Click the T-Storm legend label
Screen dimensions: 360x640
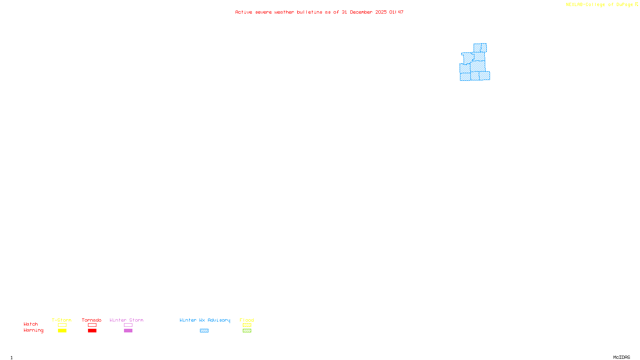62,320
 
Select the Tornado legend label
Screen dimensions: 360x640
92,320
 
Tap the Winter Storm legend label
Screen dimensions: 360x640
126,320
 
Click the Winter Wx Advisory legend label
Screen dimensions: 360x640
205,320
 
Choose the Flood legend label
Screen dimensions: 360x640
247,320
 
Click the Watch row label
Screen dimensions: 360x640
31,324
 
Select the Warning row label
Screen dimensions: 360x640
33,330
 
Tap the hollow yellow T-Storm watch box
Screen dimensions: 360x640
62,325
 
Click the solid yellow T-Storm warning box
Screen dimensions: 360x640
62,331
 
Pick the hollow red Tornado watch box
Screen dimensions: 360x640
92,325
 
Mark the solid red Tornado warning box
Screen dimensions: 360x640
92,331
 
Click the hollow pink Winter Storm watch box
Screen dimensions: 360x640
128,325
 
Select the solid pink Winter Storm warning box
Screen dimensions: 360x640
128,331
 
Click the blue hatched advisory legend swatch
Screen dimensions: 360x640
204,331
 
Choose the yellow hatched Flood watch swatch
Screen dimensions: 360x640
247,325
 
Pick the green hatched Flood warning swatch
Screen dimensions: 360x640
247,331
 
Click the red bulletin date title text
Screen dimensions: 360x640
319,12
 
